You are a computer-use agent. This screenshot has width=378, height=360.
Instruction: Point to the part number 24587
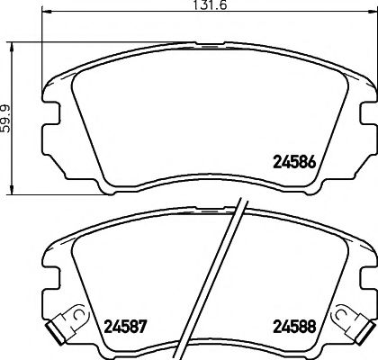tap(124, 327)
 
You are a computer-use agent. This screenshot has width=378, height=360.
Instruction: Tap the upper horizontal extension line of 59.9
tap(27, 40)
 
